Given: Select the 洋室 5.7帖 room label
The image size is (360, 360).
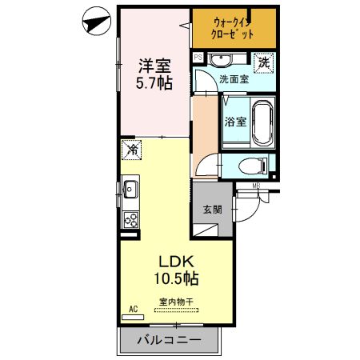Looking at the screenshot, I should coord(154,74).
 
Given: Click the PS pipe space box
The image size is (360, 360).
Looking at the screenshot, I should coord(198,58).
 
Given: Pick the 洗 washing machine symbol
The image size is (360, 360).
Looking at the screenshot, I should coord(262,61).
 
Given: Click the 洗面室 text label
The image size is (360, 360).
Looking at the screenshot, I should coord(234,79).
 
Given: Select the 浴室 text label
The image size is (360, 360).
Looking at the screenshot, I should coord(234,122).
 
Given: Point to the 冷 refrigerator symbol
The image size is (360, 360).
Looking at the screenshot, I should coord(132,149).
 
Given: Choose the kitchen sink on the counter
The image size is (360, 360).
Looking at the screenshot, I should coord(130,190).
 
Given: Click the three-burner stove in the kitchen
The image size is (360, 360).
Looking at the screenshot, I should coord(130,220).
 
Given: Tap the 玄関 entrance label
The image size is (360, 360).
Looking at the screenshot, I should coord(212,210).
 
